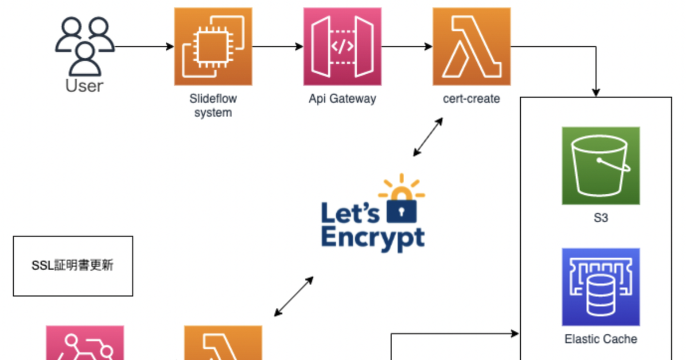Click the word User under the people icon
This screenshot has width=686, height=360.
pos(85,86)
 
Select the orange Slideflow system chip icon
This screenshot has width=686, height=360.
pos(213,47)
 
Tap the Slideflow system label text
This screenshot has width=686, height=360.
pos(213,106)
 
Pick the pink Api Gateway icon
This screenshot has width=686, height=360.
pos(342,47)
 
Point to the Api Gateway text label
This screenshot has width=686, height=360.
pos(342,99)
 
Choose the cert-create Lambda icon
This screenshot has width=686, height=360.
pos(472,47)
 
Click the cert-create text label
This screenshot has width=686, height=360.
pos(472,99)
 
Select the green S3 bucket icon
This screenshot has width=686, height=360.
pos(601,166)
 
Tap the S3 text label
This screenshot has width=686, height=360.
pos(601,218)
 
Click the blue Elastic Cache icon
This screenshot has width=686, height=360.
pos(601,287)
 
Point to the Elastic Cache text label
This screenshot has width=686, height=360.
pos(601,339)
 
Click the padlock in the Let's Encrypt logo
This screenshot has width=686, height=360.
pos(402,210)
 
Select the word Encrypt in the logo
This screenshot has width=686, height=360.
pos(373,237)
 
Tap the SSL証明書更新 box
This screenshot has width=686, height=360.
pos(73,266)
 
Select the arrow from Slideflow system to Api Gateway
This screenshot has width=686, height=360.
pos(278,47)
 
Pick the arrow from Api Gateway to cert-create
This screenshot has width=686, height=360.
pos(407,47)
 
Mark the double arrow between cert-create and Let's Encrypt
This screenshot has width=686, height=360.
pos(428,137)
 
